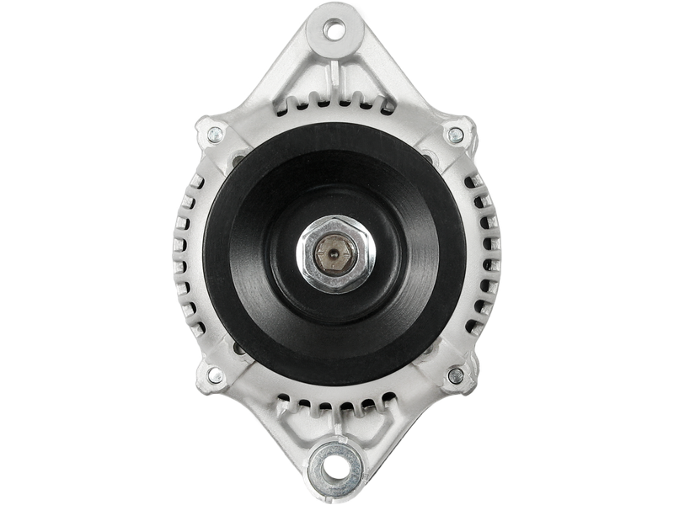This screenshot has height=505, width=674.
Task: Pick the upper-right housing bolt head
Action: (x=457, y=132)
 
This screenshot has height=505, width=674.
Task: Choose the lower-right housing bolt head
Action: (x=457, y=373)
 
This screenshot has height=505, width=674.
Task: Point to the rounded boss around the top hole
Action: (x=337, y=17)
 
